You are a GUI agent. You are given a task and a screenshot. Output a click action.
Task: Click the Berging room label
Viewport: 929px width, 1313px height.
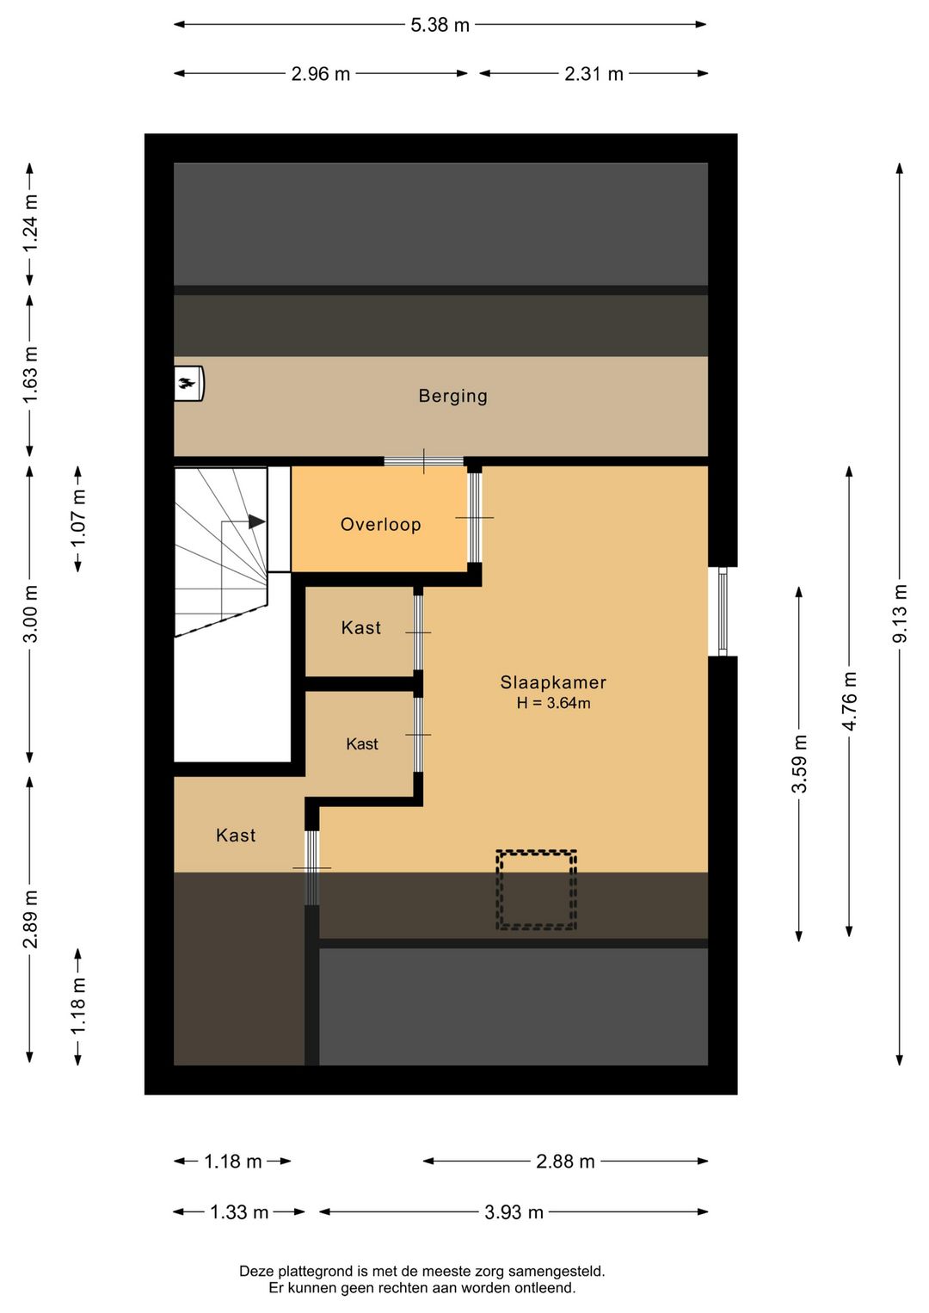452,396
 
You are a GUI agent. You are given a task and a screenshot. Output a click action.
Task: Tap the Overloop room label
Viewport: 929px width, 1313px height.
380,525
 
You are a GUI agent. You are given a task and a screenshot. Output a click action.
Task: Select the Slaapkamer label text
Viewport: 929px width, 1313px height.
553,682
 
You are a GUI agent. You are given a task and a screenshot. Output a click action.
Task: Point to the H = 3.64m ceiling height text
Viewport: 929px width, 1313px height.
553,703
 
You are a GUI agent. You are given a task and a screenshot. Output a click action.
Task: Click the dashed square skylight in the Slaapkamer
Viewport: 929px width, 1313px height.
536,890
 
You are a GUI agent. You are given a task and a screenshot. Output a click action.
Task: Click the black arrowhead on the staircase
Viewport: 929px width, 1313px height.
256,521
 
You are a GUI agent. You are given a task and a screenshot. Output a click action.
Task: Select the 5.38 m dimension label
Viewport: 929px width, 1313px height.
440,25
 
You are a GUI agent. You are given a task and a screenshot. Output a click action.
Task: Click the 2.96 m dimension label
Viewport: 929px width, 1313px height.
320,74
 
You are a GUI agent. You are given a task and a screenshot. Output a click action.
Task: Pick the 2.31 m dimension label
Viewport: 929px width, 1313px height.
594,74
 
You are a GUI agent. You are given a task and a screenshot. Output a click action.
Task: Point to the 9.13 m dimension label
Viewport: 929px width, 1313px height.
900,613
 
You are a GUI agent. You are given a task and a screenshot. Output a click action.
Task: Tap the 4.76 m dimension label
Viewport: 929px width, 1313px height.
850,701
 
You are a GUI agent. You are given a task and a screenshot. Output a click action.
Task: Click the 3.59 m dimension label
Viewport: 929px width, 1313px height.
799,764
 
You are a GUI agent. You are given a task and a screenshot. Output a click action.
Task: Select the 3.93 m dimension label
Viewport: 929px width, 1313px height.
514,1212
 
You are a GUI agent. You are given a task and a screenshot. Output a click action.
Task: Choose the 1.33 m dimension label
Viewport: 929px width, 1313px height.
239,1212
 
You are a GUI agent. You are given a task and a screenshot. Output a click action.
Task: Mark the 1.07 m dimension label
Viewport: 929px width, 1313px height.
78,519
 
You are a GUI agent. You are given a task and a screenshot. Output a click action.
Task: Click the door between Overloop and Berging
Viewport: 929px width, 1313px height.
423,461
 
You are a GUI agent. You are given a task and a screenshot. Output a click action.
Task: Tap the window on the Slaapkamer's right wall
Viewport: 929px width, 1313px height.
723,611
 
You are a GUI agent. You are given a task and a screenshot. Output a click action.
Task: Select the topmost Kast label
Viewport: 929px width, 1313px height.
360,628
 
